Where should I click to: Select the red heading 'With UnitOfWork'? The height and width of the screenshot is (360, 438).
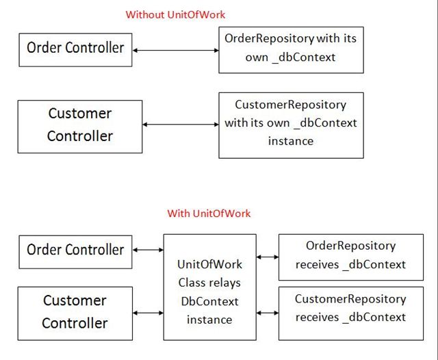coord(209,214)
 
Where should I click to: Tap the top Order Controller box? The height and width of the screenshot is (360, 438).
coord(75,49)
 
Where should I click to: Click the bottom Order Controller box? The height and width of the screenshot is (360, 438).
coord(75,250)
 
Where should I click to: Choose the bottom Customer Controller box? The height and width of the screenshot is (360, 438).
coord(75,312)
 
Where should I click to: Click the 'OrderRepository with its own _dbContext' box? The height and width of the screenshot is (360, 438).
coord(291,49)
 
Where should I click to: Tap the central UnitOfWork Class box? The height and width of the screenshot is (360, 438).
coord(209,287)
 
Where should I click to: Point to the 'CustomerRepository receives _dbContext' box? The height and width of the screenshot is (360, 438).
coord(350,309)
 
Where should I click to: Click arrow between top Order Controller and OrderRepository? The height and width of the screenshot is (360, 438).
coord(175,49)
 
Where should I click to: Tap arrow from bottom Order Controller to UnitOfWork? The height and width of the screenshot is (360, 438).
coord(148,250)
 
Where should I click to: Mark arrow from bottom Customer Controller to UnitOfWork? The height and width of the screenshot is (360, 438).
coord(148,313)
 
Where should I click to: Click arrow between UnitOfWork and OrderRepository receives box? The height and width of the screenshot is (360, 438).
coord(268,257)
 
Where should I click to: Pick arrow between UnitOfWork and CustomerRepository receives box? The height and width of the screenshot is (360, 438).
coord(268,311)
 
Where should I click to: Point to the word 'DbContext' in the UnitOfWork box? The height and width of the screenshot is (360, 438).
coord(209,301)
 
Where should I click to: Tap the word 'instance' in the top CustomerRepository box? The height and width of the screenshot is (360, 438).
coord(291,142)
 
